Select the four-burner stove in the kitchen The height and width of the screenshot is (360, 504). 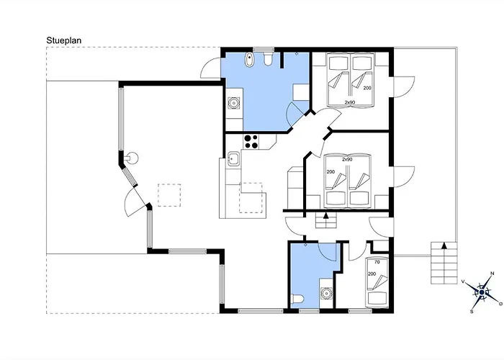tap(251, 142)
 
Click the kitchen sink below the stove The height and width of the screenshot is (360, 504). tap(233, 159)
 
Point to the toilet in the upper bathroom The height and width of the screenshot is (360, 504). tap(267, 59)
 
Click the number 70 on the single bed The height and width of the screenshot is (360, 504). tap(377, 262)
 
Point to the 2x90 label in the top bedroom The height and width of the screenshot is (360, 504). tap(350, 103)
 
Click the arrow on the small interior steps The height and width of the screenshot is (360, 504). tap(325, 215)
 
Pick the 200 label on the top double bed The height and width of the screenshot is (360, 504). tap(366, 88)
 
